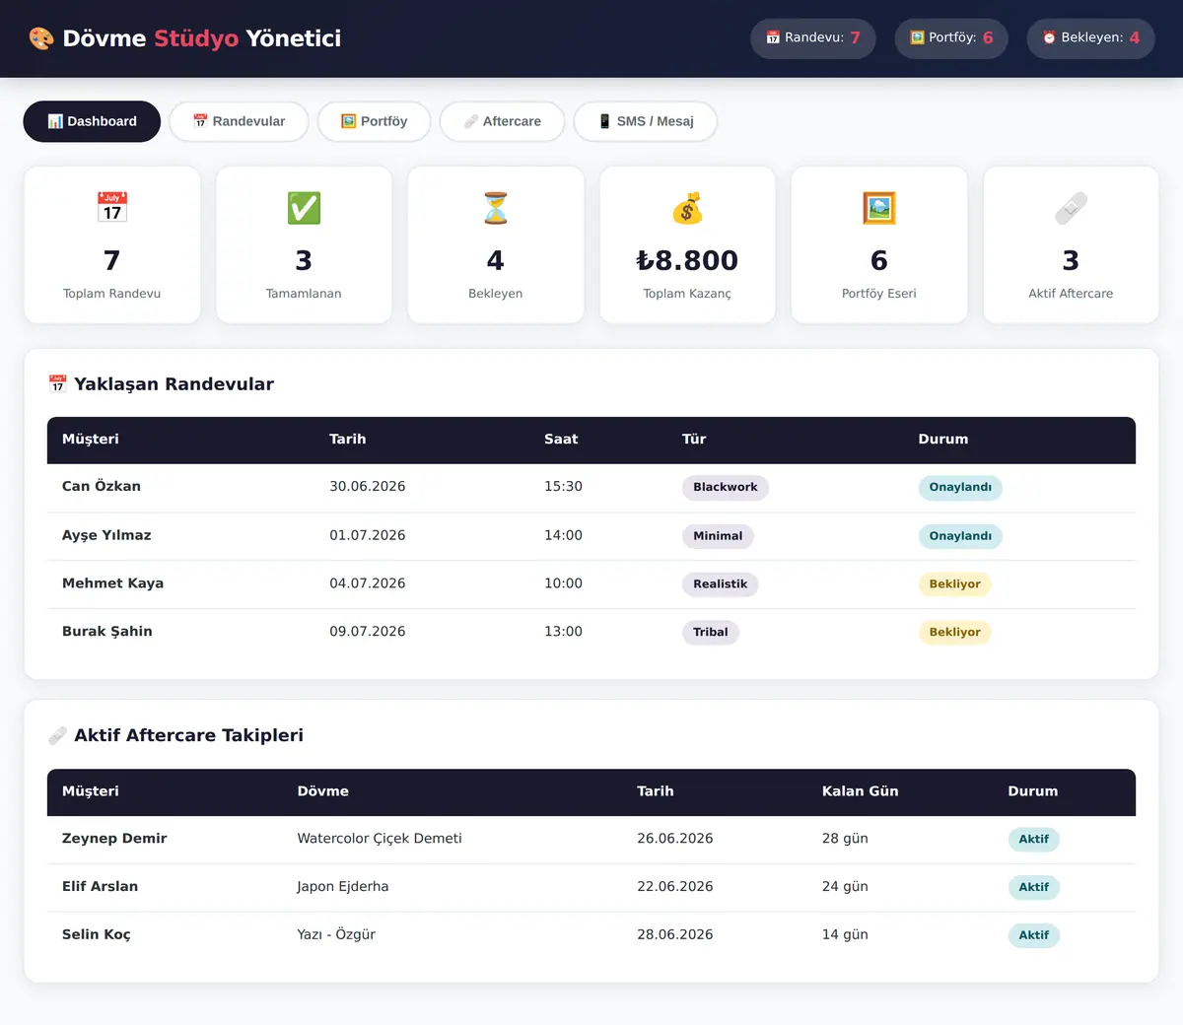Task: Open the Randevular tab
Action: [239, 121]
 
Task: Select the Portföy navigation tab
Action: [374, 121]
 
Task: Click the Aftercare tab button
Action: [502, 121]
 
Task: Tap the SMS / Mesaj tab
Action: [645, 121]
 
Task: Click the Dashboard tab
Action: [92, 121]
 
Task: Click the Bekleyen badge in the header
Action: [1090, 37]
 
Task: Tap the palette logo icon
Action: [41, 38]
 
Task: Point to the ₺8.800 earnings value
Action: [687, 260]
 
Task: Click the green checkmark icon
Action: [304, 208]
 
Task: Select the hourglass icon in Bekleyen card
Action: [496, 208]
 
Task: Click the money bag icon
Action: [687, 208]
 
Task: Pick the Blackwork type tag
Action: [726, 487]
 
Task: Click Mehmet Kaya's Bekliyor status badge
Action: [954, 583]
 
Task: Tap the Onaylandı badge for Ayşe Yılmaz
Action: [960, 536]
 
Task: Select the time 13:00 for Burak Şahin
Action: [563, 631]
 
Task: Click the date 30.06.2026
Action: [368, 486]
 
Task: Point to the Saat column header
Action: [561, 439]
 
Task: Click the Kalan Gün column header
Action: [861, 791]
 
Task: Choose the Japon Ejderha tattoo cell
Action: [343, 886]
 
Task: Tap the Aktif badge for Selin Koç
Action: [1033, 935]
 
